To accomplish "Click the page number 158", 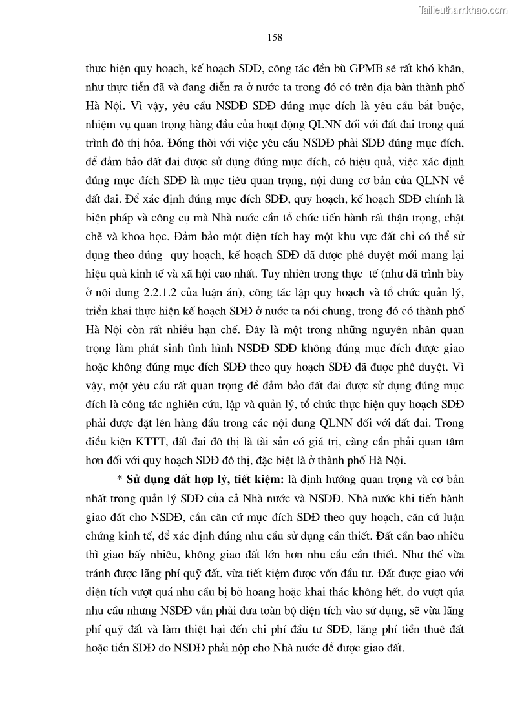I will [274, 37].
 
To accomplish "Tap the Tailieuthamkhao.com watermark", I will [464, 10].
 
